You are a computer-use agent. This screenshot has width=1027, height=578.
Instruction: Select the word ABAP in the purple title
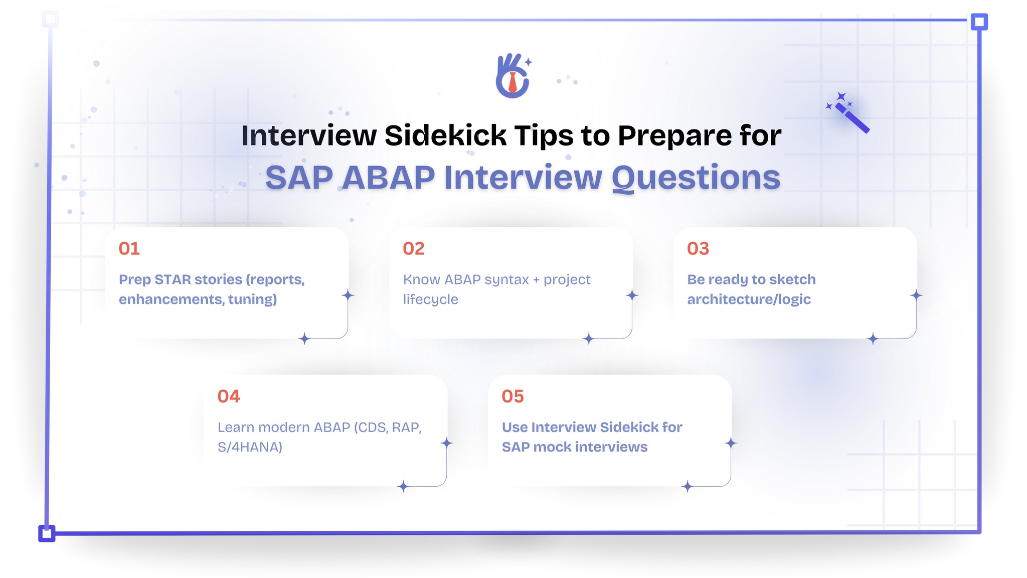click(389, 178)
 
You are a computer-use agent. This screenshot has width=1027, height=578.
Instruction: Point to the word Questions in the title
click(696, 178)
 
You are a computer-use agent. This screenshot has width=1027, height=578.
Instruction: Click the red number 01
click(129, 249)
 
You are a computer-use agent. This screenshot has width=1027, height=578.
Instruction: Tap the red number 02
click(414, 249)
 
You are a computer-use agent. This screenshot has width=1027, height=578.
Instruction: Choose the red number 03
click(698, 249)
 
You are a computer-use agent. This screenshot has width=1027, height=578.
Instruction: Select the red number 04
click(229, 396)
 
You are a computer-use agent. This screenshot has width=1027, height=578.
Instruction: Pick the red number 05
click(512, 396)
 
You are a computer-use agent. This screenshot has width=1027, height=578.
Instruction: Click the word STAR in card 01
click(172, 279)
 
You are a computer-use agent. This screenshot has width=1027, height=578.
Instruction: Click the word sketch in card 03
click(792, 279)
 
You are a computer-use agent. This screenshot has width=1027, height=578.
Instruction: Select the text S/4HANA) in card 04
click(250, 447)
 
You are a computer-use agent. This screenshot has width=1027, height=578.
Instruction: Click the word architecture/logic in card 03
click(749, 300)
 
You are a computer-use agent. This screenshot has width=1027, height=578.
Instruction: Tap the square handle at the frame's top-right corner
click(979, 22)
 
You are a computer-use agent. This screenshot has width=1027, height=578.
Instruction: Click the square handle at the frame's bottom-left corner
click(47, 533)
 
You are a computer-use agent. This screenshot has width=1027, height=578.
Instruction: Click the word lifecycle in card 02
click(430, 300)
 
